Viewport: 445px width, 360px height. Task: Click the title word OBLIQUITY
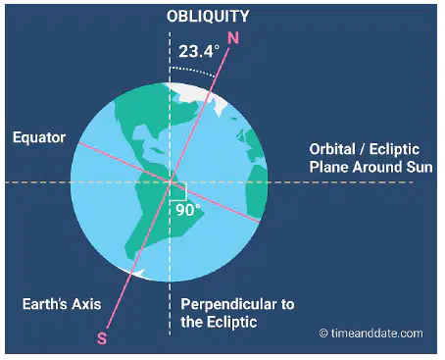click(x=208, y=16)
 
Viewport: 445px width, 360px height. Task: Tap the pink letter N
click(x=233, y=38)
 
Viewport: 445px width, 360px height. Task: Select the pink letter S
click(x=102, y=338)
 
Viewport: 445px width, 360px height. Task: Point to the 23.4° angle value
click(x=199, y=51)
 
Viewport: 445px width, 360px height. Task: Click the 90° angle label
click(x=188, y=210)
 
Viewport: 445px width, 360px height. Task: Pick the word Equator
click(x=39, y=137)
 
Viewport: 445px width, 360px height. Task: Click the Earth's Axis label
click(x=62, y=304)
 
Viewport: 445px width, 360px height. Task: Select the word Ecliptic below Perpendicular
click(x=232, y=322)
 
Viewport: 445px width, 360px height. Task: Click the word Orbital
click(x=332, y=149)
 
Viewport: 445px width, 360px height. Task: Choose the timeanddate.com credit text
click(x=376, y=334)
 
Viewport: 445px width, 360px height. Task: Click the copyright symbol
click(x=323, y=334)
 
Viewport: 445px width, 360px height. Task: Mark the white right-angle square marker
click(x=178, y=191)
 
